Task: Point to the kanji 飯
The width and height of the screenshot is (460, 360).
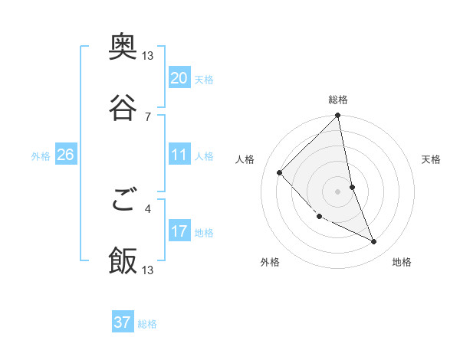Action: tap(123, 261)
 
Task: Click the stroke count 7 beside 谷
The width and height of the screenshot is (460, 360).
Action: tap(148, 116)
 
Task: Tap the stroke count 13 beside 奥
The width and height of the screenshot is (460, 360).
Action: tap(148, 56)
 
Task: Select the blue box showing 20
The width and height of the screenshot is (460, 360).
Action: tap(179, 78)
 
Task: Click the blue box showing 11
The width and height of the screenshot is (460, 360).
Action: tap(179, 155)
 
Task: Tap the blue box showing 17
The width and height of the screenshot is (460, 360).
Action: tap(179, 231)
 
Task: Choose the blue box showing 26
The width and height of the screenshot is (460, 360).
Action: tap(65, 155)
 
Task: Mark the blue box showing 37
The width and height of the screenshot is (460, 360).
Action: tap(123, 322)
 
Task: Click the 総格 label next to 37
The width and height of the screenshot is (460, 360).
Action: tap(147, 324)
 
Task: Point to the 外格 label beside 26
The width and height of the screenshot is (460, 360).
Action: tap(41, 156)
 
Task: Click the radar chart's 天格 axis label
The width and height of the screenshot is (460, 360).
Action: tap(432, 159)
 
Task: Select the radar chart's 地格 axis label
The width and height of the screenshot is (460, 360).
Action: tap(402, 263)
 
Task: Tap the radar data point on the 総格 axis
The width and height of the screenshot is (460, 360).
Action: tap(338, 116)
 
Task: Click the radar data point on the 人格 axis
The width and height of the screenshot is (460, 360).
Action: tap(280, 172)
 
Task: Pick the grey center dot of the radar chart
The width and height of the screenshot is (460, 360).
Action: tap(338, 191)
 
